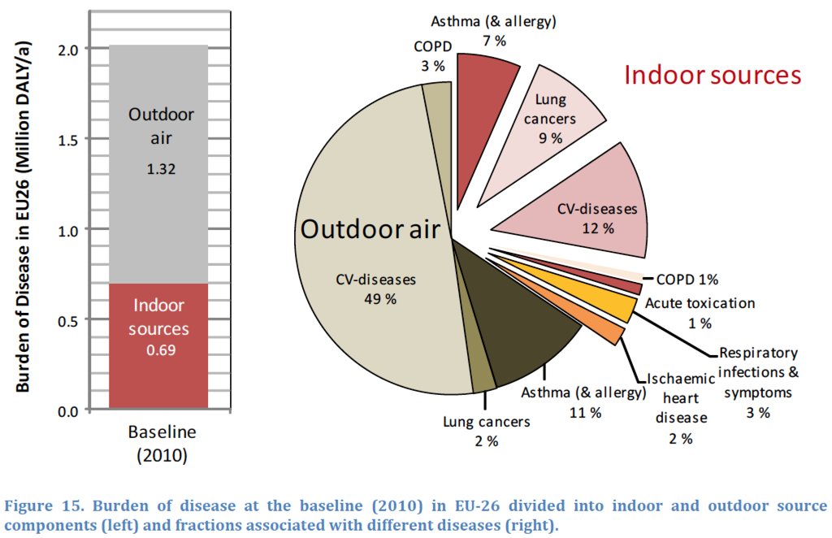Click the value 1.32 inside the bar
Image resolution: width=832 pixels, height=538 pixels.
pos(162,170)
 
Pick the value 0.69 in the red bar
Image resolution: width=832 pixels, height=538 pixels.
pos(161,351)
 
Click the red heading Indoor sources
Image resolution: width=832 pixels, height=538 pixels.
pos(713,76)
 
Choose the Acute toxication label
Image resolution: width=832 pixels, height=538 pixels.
pos(700,303)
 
